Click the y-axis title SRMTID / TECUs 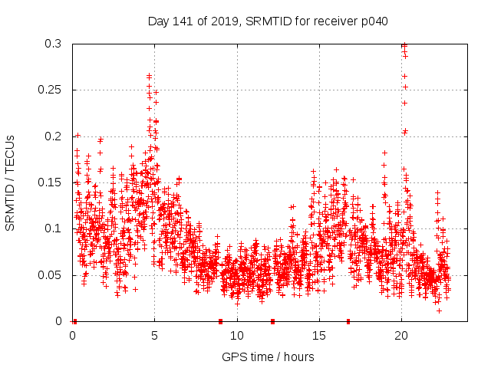click(10, 182)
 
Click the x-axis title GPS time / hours click(267, 356)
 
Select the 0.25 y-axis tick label click(53, 90)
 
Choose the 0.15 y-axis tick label click(53, 182)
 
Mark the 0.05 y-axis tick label click(53, 274)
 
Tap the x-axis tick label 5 click(154, 335)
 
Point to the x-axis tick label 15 click(318, 335)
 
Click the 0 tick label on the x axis click(72, 335)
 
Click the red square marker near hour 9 click(220, 321)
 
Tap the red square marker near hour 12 click(272, 321)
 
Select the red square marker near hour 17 click(348, 321)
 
